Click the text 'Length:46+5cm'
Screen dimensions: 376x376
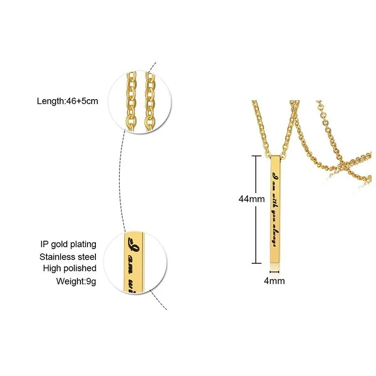[x=67, y=101]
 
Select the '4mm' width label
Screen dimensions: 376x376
[x=274, y=281]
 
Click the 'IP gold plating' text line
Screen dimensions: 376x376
[x=68, y=244]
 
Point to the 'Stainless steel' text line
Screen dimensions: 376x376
[x=68, y=257]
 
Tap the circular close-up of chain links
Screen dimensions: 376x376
[x=140, y=100]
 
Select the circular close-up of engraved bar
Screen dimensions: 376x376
[x=139, y=262]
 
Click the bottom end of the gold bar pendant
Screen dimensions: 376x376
[x=274, y=262]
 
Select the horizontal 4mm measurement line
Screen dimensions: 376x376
[x=274, y=272]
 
